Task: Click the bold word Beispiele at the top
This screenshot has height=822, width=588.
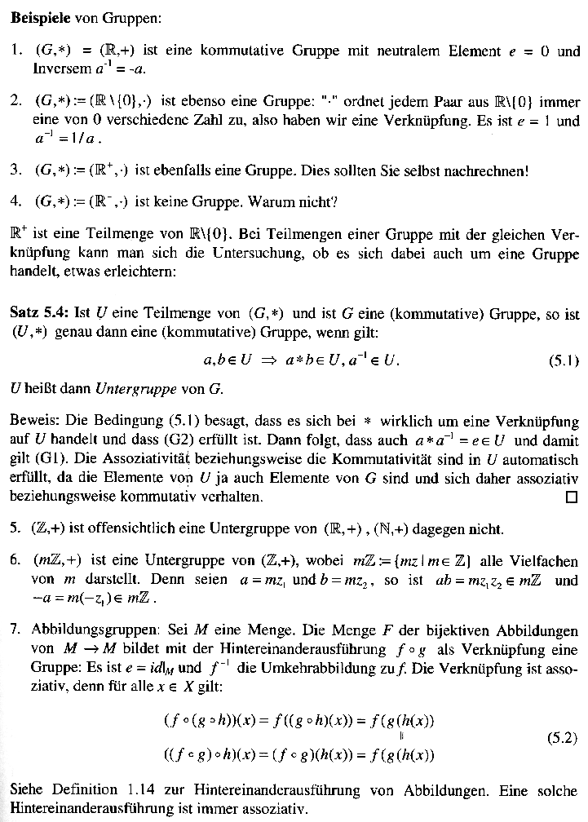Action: coord(39,18)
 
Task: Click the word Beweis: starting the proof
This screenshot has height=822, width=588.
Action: coord(33,422)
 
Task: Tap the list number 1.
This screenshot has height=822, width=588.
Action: coord(16,51)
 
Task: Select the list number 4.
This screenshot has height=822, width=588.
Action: coord(16,201)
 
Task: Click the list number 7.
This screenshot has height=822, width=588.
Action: coord(16,630)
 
